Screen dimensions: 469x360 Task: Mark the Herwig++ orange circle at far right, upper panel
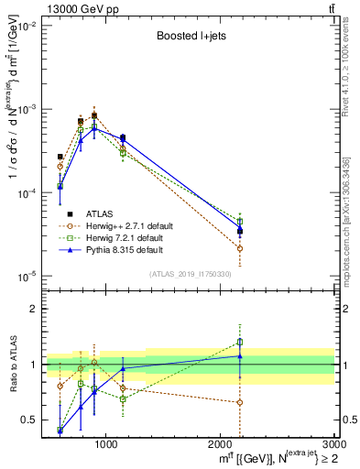pos(240,248)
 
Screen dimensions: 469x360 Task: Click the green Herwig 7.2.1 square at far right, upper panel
pos(240,221)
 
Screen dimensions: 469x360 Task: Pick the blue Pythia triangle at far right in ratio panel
pos(240,356)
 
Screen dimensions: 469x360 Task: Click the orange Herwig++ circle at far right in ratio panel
pos(240,402)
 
